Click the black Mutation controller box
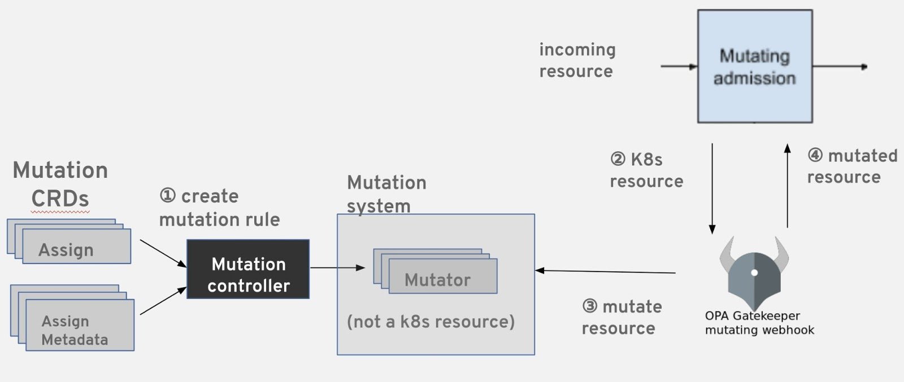(248, 269)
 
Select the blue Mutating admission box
(755, 66)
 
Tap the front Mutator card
(443, 277)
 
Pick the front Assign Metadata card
(80, 326)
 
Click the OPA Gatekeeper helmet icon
(754, 276)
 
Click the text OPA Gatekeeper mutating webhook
(759, 323)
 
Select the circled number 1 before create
(168, 196)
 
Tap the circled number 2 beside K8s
(618, 159)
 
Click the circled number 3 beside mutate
(590, 306)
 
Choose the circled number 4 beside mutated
(815, 155)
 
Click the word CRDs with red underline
(60, 199)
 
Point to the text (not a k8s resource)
(431, 322)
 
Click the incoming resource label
(577, 60)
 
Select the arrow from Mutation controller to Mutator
(337, 267)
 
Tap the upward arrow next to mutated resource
(787, 186)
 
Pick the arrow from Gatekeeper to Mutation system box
(605, 271)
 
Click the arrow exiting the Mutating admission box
(839, 67)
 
